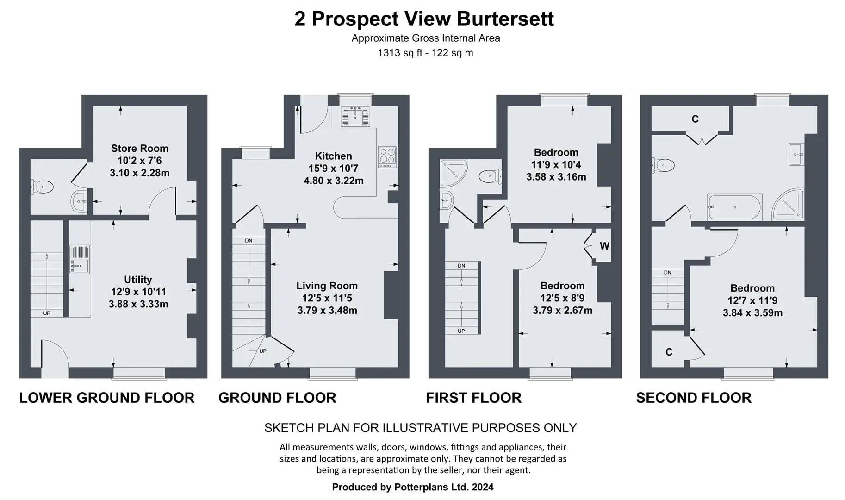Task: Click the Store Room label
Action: (139, 149)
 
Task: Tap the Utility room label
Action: (138, 280)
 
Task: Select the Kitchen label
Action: (333, 156)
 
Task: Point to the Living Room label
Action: (327, 286)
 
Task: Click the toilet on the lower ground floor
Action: (42, 187)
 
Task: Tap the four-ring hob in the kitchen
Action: (387, 157)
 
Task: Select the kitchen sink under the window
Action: (355, 116)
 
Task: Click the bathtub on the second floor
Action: (734, 207)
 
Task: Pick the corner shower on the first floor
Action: (454, 173)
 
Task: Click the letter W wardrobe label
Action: (604, 246)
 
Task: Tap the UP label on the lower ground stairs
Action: (47, 313)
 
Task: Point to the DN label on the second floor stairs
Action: (667, 273)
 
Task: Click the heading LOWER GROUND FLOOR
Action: (107, 398)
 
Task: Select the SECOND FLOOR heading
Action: (694, 398)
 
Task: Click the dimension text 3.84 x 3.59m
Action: (752, 313)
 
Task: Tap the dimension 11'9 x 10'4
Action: (556, 165)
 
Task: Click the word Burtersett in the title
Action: (505, 19)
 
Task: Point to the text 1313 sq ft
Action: (400, 53)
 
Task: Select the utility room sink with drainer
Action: (80, 260)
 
